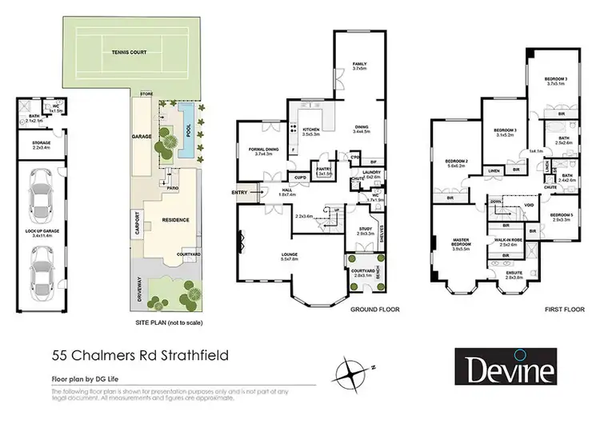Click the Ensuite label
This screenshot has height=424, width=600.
(514, 274)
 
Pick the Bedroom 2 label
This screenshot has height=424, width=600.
(454, 164)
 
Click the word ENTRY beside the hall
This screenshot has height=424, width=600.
(240, 192)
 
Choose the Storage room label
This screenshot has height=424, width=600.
(42, 146)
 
